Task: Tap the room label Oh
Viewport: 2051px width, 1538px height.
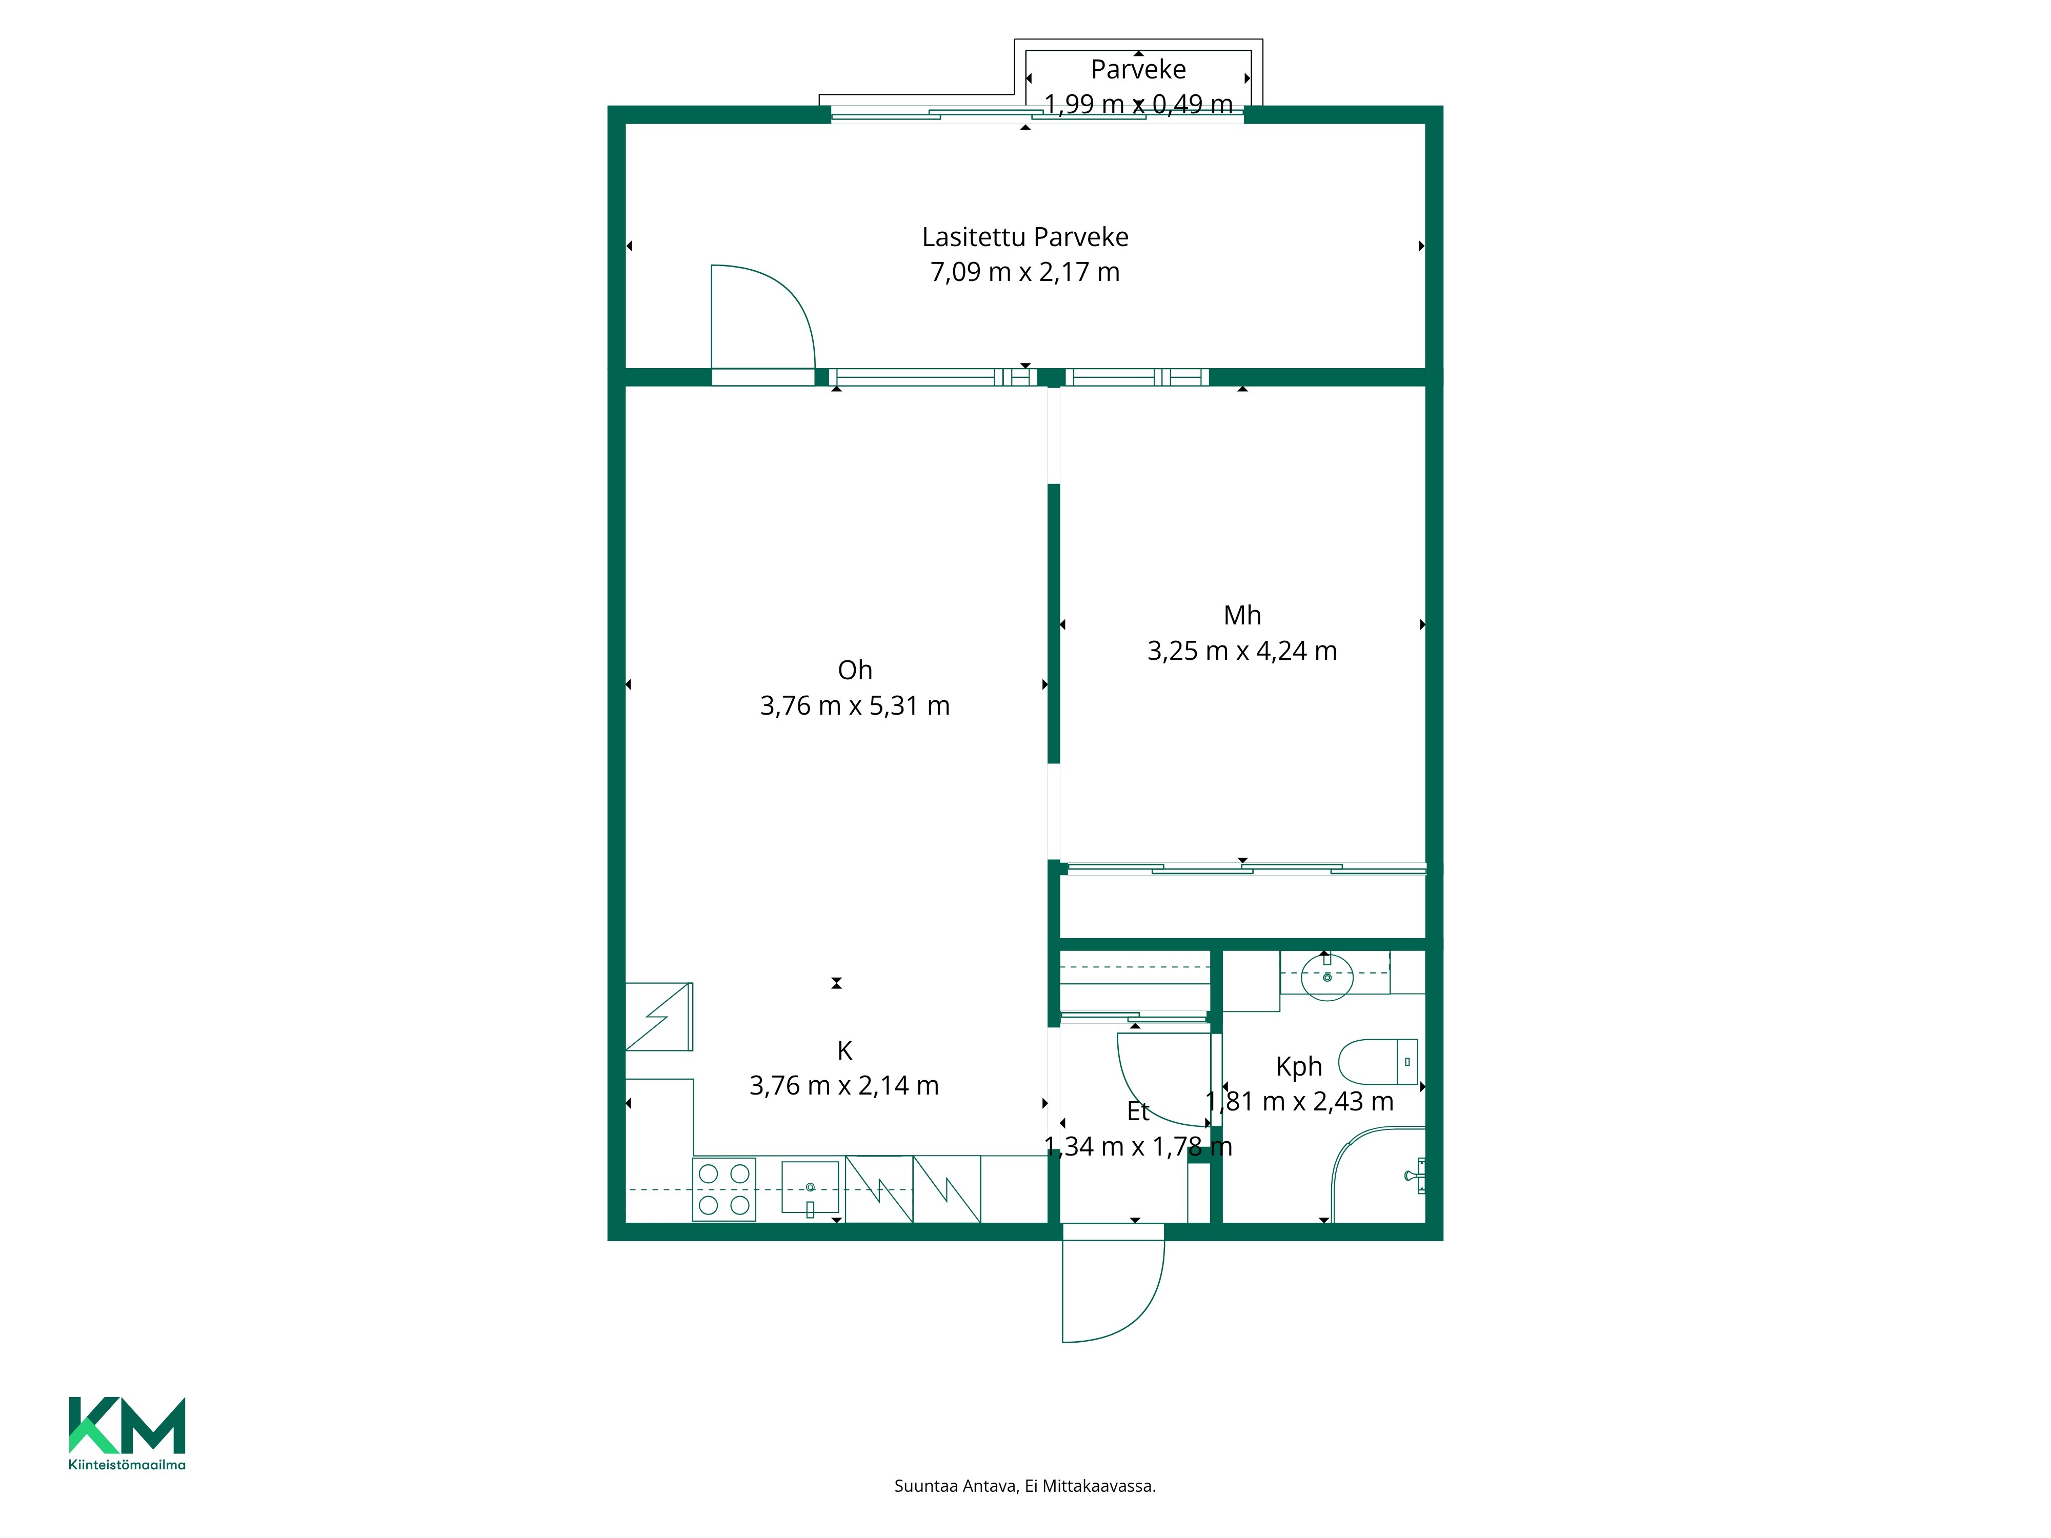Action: point(855,670)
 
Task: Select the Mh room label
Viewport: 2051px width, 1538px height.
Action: point(1242,616)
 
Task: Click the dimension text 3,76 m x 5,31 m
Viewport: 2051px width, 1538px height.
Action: point(855,706)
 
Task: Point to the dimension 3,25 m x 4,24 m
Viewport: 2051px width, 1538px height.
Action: point(1242,652)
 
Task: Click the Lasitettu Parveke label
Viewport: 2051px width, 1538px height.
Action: point(1025,237)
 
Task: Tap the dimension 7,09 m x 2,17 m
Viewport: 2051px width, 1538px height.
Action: point(1025,273)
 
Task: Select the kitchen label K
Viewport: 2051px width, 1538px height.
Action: point(844,1050)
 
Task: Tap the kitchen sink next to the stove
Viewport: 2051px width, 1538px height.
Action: point(810,1187)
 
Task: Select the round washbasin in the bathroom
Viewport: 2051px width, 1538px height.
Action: point(1327,976)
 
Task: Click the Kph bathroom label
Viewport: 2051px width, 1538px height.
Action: point(1299,1067)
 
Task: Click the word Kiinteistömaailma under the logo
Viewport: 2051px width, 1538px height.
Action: point(127,1465)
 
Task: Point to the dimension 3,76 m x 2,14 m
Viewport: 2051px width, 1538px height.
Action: point(844,1086)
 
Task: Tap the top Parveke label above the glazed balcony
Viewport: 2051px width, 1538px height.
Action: point(1139,70)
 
